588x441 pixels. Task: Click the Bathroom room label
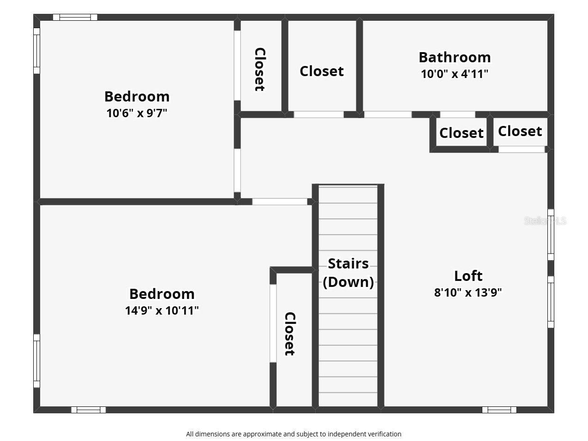(x=455, y=57)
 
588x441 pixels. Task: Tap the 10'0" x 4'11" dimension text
(x=455, y=74)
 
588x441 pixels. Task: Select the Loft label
(x=468, y=276)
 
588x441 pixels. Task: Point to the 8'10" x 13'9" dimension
(x=468, y=292)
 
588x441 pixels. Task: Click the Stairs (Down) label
(x=348, y=273)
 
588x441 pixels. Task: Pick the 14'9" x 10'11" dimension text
(x=162, y=310)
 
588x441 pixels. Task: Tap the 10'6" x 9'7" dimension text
(x=137, y=113)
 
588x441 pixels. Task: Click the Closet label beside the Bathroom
(x=322, y=71)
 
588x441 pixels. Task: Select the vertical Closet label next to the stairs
(x=289, y=334)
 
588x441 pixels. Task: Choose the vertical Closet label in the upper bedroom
(x=260, y=69)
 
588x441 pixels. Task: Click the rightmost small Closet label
(x=520, y=131)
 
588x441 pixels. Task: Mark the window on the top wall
(x=75, y=18)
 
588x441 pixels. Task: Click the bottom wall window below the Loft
(x=499, y=410)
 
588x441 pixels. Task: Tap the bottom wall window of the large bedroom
(x=88, y=410)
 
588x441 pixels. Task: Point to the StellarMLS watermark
(x=545, y=220)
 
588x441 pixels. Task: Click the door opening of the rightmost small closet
(x=522, y=149)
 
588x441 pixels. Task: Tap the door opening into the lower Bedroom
(x=280, y=202)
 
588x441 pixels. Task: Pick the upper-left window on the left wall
(x=36, y=51)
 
